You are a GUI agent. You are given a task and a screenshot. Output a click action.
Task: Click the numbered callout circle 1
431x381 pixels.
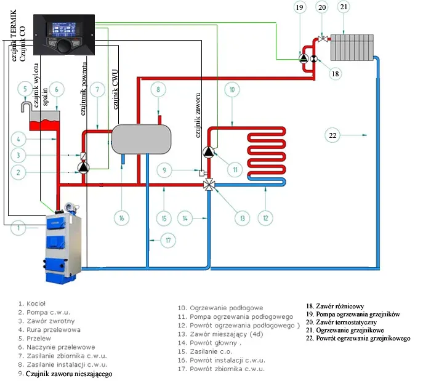tap(20, 229)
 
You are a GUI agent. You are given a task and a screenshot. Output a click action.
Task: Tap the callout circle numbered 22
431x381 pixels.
tap(332, 134)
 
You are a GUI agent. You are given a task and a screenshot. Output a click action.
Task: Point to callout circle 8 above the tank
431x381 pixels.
tap(158, 90)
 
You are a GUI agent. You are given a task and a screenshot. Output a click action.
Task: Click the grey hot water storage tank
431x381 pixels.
tap(140, 138)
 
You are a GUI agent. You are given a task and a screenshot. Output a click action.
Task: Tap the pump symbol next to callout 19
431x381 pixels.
tap(304, 58)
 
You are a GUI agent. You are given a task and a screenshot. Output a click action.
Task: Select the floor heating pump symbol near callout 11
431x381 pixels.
tap(209, 152)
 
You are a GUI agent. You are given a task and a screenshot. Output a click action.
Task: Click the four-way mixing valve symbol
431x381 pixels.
tap(210, 183)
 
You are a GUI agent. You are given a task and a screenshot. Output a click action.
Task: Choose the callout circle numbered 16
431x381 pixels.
tap(122, 217)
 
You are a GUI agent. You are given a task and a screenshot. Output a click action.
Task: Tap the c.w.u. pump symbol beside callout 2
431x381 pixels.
tap(84, 167)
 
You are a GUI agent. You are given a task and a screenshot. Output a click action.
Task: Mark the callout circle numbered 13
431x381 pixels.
tap(243, 217)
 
